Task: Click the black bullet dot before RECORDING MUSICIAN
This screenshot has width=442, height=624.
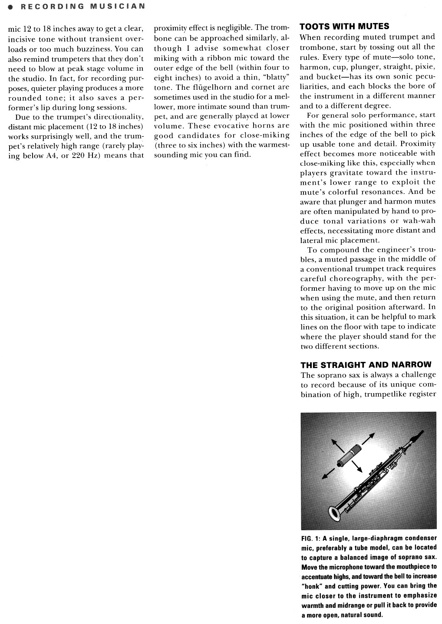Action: (4, 7)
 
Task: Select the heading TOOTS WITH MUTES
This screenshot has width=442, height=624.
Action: (344, 26)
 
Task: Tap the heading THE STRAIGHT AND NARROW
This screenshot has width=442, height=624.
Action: (366, 365)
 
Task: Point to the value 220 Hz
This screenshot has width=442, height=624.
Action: (84, 155)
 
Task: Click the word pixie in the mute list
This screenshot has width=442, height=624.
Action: (424, 67)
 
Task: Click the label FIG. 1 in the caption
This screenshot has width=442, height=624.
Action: (310, 538)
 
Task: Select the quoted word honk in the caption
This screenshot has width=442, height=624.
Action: (311, 586)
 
